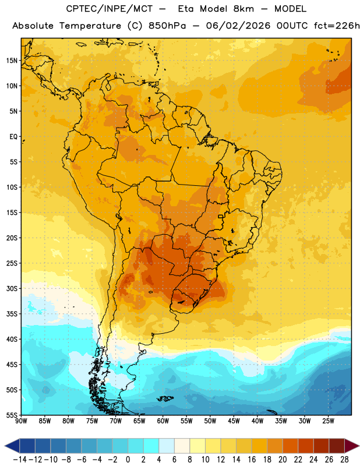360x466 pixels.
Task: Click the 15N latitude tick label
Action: click(12, 61)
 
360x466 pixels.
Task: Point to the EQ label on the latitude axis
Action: click(13, 137)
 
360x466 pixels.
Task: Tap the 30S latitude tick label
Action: click(12, 288)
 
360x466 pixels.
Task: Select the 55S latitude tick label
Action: click(12, 415)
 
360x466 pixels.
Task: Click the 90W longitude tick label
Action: click(21, 421)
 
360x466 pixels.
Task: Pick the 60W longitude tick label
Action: click(163, 421)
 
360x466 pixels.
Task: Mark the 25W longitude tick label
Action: click(329, 421)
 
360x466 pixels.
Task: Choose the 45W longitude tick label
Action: click(234, 421)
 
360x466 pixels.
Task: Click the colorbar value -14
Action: click(20, 460)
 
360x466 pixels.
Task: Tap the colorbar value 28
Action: click(344, 460)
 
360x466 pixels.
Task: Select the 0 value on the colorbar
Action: click(128, 460)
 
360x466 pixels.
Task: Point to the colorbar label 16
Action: click(252, 460)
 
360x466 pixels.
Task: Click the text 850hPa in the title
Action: click(167, 26)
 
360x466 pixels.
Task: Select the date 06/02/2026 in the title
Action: click(238, 26)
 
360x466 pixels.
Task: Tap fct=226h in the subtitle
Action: click(337, 26)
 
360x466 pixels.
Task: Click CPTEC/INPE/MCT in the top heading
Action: click(109, 9)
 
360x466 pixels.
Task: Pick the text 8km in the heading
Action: click(243, 9)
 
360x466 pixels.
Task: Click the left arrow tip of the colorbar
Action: click(5, 446)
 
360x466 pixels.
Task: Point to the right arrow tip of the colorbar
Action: click(359, 446)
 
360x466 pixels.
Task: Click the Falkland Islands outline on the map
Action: click(165, 398)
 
